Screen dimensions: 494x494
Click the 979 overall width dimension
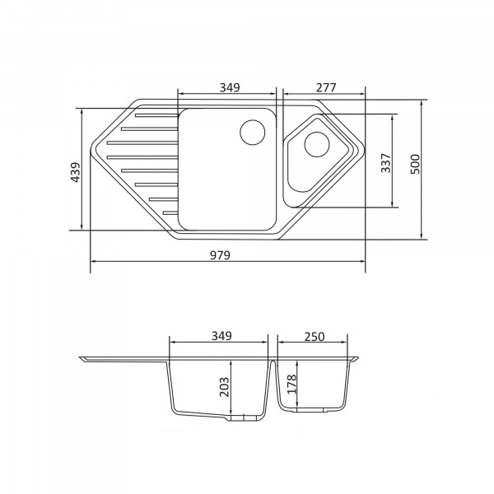[x=220, y=255]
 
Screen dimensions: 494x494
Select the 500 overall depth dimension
[x=415, y=164]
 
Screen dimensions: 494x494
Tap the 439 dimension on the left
[x=76, y=172]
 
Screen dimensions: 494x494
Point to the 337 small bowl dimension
[x=385, y=163]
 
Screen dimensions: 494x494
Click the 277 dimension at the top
[x=326, y=87]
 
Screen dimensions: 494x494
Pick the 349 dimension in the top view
[x=230, y=87]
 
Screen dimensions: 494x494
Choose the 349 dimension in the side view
[x=221, y=336]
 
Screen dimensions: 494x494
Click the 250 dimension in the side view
[x=315, y=337]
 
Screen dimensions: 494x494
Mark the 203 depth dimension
[x=224, y=387]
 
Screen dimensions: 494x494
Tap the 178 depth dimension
[x=292, y=384]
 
